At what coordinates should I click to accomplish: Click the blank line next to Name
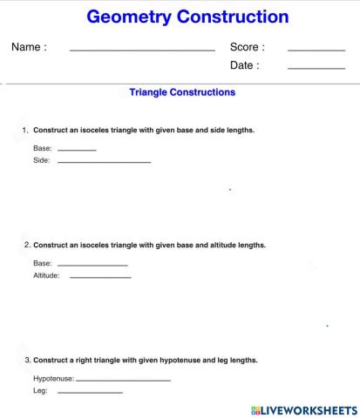142,51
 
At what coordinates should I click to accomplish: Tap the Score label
247,47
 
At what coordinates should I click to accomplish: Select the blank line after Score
316,51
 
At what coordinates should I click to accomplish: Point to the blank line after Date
316,68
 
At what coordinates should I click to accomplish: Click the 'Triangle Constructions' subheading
181,91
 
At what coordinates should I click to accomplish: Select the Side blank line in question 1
104,163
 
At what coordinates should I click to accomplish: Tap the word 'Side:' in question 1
42,161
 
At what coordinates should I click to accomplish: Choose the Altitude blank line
100,278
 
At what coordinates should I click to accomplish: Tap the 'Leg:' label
40,391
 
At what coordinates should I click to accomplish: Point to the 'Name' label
29,47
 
